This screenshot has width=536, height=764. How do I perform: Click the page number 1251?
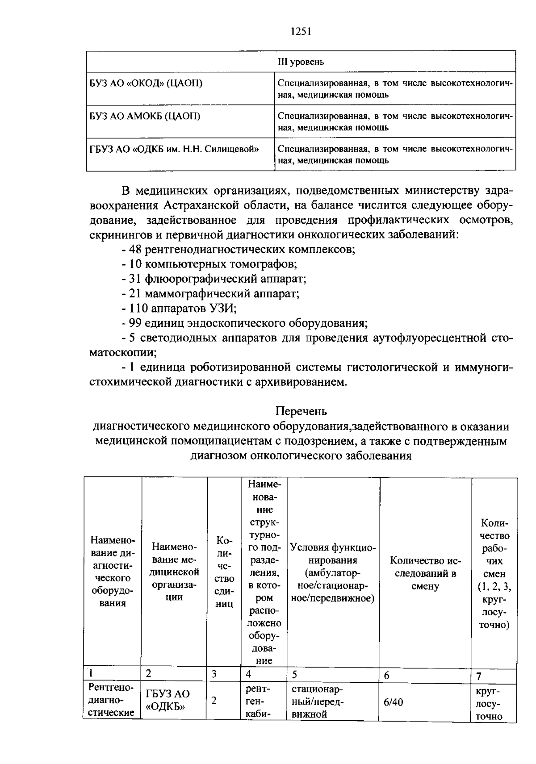(300, 31)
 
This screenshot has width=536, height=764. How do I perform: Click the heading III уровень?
(301, 62)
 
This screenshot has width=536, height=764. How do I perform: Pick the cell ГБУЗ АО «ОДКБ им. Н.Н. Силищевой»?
(174, 149)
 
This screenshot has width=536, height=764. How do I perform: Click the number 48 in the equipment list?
(135, 249)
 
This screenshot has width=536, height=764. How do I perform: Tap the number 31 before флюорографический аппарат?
(135, 279)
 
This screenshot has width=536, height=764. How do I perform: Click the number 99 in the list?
(135, 323)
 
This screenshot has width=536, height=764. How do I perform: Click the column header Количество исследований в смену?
(425, 573)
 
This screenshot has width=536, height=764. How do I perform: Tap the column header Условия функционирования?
(333, 572)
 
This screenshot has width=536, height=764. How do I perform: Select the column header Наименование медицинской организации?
(174, 572)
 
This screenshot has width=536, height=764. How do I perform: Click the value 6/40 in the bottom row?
(393, 702)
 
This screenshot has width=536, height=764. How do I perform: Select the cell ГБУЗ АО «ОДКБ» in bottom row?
(168, 700)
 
